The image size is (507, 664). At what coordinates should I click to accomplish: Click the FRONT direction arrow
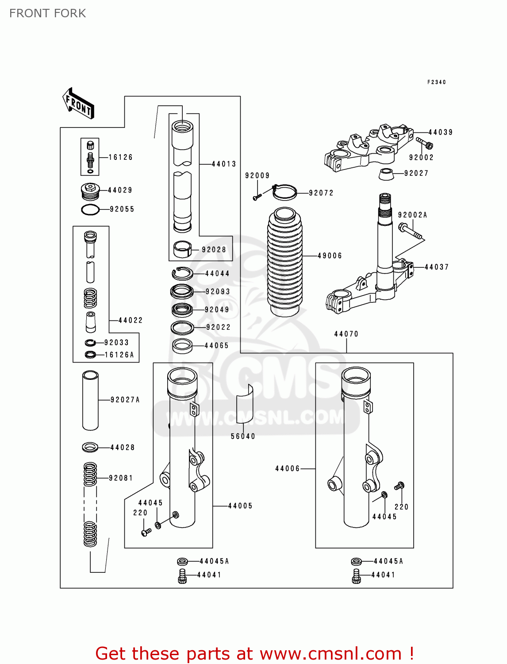coord(78,104)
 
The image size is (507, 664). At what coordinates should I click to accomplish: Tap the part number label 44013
coord(224,164)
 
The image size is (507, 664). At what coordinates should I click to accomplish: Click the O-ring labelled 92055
coord(90,209)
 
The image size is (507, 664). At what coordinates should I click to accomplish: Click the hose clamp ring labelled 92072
coord(284,192)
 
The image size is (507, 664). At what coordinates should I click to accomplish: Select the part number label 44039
coord(440,132)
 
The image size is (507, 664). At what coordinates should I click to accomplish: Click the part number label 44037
coord(436,267)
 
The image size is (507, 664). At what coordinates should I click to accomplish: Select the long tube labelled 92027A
coord(90,400)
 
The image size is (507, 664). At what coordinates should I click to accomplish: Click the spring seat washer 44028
coord(90,447)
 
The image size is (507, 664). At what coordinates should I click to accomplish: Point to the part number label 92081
coord(121,478)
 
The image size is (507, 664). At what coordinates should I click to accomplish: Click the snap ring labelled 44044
coord(182,274)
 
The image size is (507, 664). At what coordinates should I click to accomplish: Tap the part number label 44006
coord(287,468)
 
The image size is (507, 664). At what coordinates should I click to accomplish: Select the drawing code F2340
coord(436,82)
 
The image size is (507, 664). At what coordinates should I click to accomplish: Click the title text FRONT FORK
coord(47,13)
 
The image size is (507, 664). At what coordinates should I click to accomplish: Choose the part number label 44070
coord(346,334)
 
